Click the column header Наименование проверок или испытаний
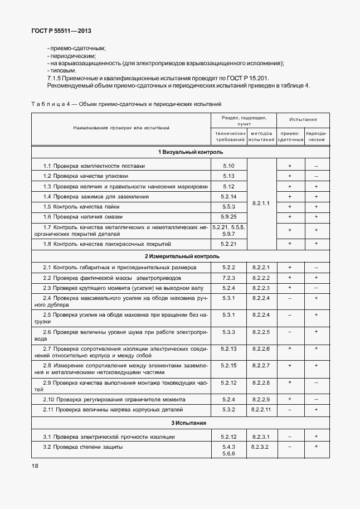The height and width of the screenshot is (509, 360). click(121, 128)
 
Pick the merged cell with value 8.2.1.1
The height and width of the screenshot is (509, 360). click(261, 203)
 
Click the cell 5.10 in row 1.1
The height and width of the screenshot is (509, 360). click(228, 166)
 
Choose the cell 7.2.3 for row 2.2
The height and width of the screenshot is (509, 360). click(229, 278)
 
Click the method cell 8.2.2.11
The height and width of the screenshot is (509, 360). click(261, 410)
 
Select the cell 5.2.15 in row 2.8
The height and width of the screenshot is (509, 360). click(229, 365)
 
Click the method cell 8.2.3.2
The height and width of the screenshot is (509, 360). click(261, 447)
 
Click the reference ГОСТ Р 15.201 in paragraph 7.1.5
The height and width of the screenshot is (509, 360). click(246, 79)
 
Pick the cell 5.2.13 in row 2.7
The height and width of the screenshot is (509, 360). click(229, 348)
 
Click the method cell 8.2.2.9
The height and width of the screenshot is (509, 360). click(261, 400)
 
